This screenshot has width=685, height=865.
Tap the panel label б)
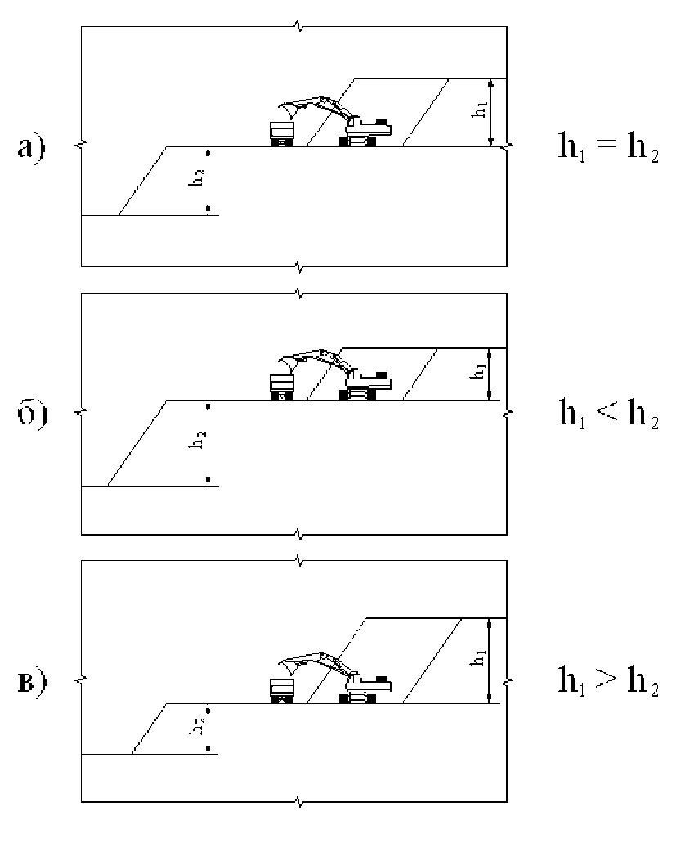pyautogui.click(x=32, y=412)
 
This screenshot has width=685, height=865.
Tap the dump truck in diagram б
pyautogui.click(x=282, y=387)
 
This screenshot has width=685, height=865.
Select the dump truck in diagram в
pyautogui.click(x=282, y=690)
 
